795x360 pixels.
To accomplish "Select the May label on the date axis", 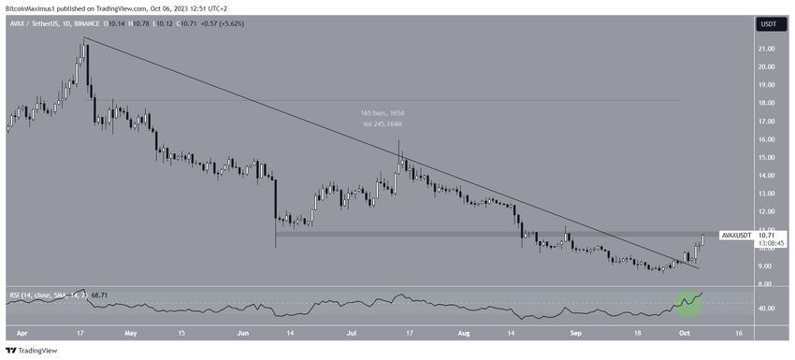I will [131, 331].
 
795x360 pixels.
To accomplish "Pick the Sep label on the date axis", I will [576, 331].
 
